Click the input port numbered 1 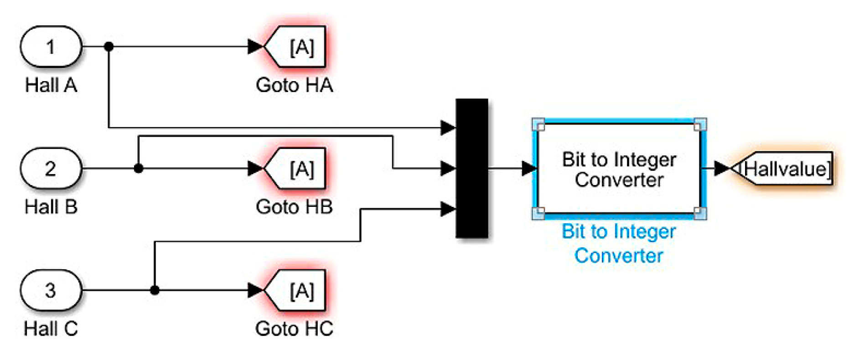(x=51, y=47)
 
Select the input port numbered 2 (x=51, y=169)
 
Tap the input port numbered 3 (x=51, y=290)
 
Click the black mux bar (x=472, y=168)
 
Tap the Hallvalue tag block (x=783, y=169)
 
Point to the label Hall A (x=51, y=85)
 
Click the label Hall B (x=51, y=207)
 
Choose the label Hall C (x=51, y=329)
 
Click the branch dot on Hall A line (x=109, y=46)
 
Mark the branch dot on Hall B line (x=139, y=169)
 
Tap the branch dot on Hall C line (x=155, y=290)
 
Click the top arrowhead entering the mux (x=448, y=128)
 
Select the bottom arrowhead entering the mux (x=448, y=209)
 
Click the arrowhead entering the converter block (x=529, y=169)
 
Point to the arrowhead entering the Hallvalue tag (x=722, y=169)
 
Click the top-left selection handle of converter (x=538, y=125)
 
